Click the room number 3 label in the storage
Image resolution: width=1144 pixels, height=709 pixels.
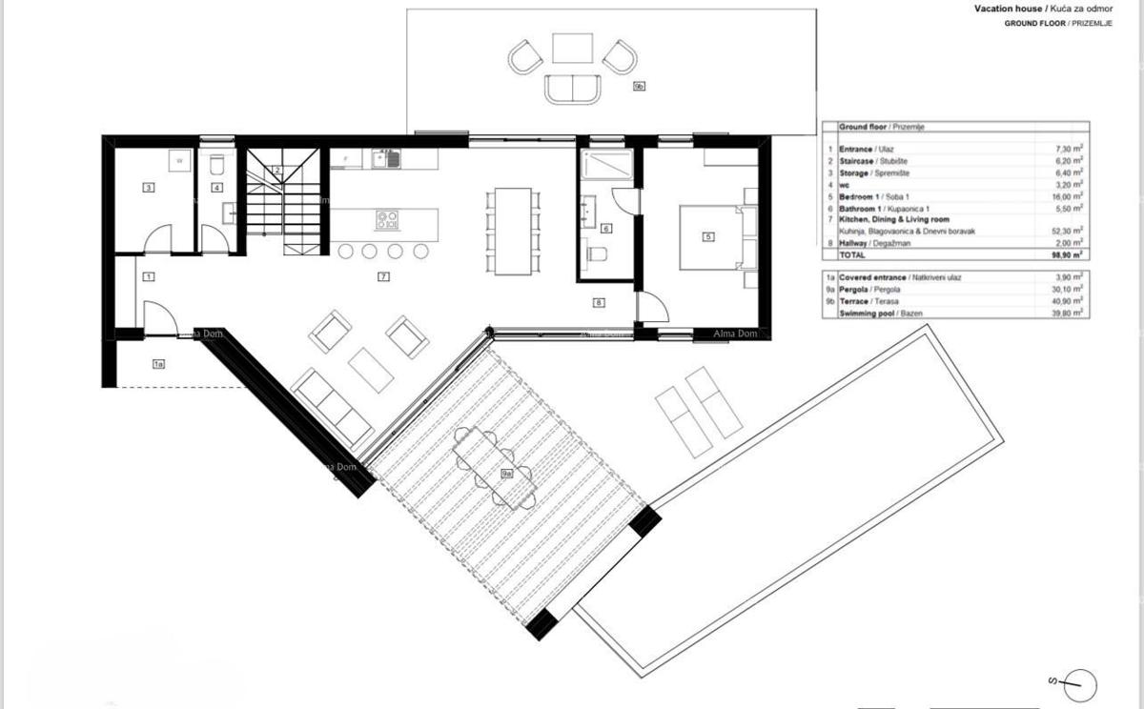tap(148, 188)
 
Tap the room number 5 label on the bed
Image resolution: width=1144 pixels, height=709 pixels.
tap(708, 236)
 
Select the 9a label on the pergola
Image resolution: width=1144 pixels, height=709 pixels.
tap(507, 472)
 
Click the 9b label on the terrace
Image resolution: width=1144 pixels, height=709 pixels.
tap(640, 87)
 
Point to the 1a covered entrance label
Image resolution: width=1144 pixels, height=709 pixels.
tap(158, 363)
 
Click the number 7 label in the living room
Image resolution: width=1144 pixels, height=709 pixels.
tap(382, 277)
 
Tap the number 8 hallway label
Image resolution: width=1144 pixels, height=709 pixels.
tap(599, 303)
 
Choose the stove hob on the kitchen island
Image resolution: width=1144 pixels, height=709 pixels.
tap(387, 220)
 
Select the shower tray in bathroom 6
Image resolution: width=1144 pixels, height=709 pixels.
tap(606, 166)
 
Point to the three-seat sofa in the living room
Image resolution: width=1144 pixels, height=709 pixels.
tap(331, 408)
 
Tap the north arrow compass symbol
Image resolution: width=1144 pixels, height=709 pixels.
tap(1076, 682)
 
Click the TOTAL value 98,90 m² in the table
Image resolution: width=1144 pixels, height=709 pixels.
tap(1070, 256)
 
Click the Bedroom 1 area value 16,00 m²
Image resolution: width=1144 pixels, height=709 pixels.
tap(1070, 196)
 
